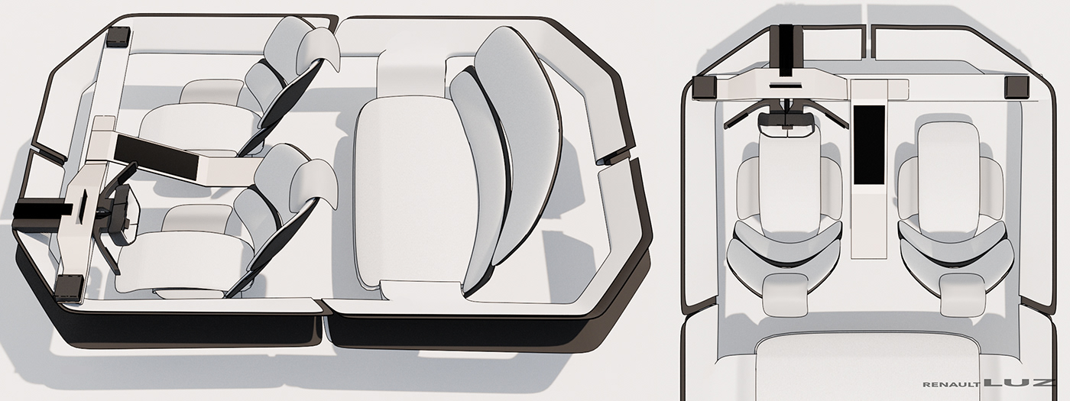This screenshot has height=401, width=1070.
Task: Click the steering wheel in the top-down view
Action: point(786,121)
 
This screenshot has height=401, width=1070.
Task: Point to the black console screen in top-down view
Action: point(869,145)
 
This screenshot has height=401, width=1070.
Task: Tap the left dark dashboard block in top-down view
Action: point(705,88)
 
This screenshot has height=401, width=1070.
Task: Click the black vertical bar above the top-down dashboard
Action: point(786,52)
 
